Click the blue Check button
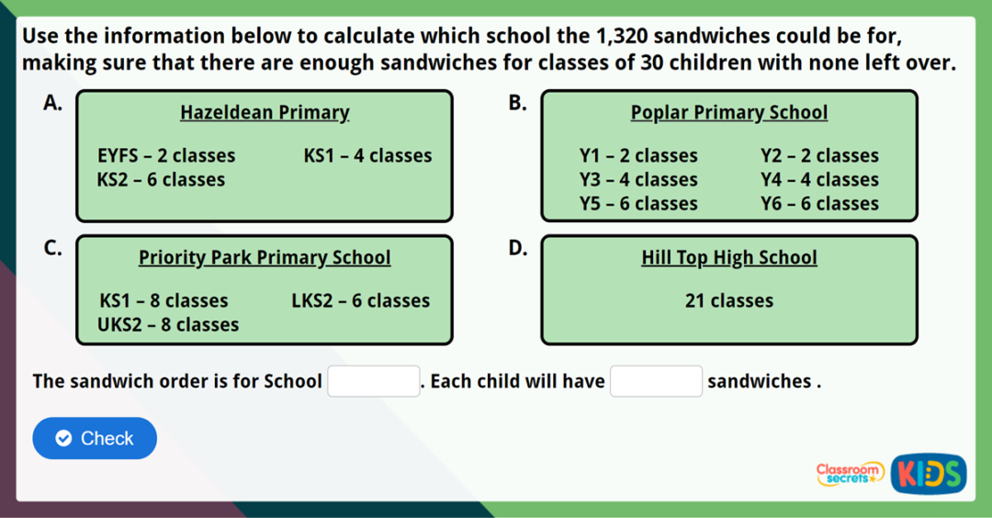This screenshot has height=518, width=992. (x=95, y=438)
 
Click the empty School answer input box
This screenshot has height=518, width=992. (x=374, y=380)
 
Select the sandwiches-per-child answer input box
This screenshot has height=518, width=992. (x=656, y=380)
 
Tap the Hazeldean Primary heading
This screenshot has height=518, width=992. (x=265, y=113)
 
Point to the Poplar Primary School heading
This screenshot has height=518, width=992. (x=728, y=113)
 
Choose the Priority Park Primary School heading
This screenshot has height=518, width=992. (x=265, y=258)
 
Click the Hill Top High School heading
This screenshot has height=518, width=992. (x=728, y=258)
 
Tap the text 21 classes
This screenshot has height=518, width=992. (x=728, y=300)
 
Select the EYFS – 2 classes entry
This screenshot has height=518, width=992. (x=166, y=156)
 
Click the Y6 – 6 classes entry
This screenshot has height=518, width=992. (x=819, y=204)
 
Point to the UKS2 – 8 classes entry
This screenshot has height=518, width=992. (x=169, y=324)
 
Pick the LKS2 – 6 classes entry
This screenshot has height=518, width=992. (x=360, y=300)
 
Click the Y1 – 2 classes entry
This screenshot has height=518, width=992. (x=638, y=156)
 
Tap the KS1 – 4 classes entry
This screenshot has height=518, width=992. (x=367, y=156)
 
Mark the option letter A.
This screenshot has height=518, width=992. (x=52, y=102)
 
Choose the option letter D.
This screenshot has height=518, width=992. (x=517, y=247)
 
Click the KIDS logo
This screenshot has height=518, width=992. (x=929, y=474)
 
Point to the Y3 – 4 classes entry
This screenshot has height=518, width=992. (x=638, y=180)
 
